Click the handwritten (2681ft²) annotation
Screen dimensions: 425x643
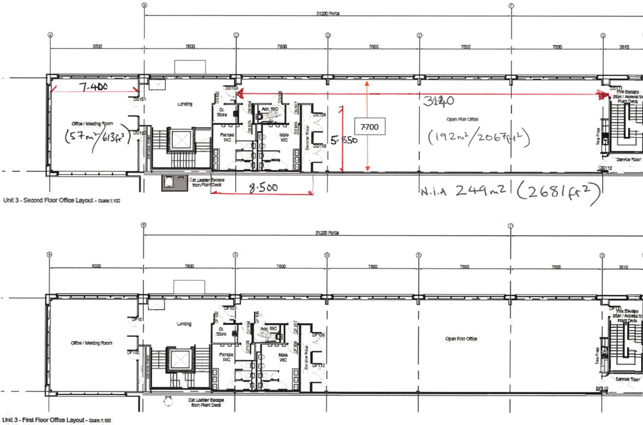click(558, 191)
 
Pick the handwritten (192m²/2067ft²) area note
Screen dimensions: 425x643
click(478, 137)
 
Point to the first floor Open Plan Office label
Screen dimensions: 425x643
click(461, 339)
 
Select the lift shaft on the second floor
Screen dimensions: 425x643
click(178, 140)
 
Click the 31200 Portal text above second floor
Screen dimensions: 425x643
click(330, 13)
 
